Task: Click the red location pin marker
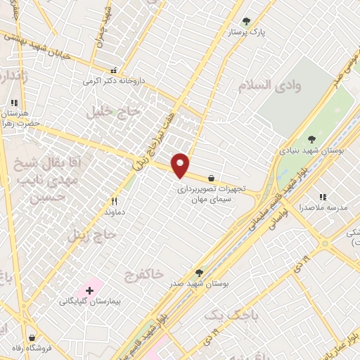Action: point(181,165)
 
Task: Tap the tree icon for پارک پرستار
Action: point(245,22)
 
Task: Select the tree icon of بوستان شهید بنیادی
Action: point(311,139)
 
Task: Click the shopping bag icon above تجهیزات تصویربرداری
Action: point(212,178)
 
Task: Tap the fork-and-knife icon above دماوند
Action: point(114,200)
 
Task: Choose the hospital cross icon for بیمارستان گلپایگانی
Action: point(90,290)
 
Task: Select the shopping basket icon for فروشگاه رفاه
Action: point(32,337)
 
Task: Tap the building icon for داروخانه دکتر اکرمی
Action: point(114,70)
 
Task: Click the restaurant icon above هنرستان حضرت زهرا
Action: point(14,103)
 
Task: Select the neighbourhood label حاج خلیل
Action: point(105,110)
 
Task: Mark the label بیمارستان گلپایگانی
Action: point(90,302)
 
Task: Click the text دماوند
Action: point(114,211)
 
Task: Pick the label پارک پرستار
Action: point(245,33)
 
